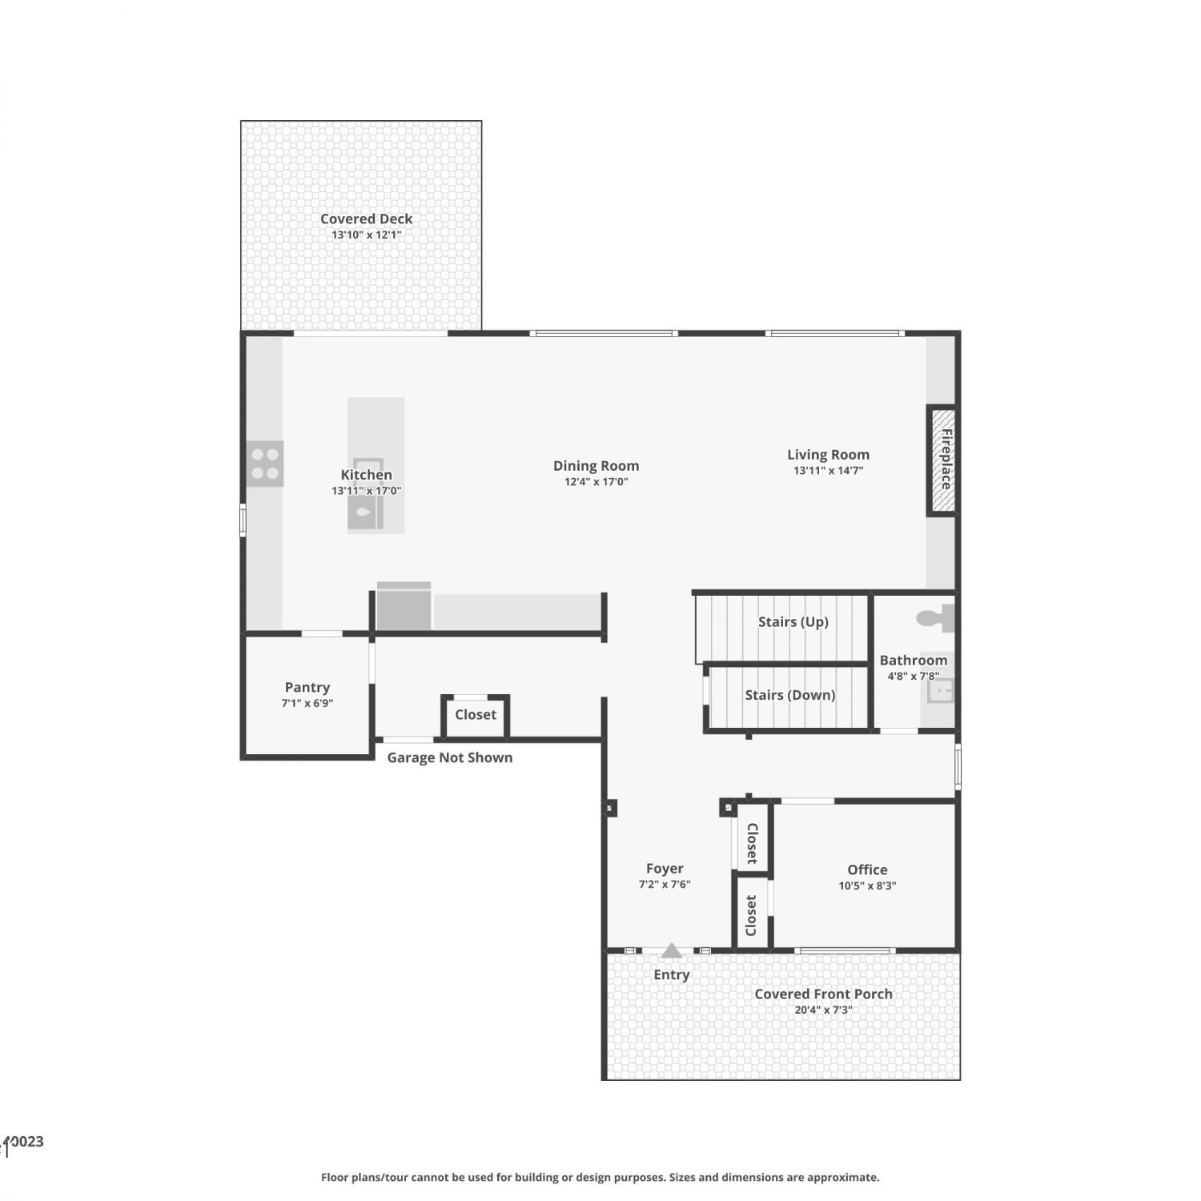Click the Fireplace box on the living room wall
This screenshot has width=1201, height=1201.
942,460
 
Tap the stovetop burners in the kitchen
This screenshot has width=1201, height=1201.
265,464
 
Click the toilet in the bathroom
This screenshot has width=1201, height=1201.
935,618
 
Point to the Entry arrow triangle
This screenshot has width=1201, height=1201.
672,950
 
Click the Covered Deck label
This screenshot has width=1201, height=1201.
367,219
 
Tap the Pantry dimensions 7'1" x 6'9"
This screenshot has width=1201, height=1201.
307,703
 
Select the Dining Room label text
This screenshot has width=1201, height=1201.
596,465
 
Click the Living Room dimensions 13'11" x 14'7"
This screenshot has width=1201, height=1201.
829,471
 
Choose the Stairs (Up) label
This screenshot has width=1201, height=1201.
793,622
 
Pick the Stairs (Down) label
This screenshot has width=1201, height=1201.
790,695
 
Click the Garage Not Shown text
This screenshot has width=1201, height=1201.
450,757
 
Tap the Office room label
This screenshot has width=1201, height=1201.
868,870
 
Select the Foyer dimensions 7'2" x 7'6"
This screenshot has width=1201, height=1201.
665,885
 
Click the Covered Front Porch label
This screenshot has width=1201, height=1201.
824,994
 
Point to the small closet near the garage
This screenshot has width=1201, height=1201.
476,715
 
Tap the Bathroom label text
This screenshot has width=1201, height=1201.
914,661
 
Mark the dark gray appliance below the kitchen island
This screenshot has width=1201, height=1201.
404,606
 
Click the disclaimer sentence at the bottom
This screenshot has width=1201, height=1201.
600,1177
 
